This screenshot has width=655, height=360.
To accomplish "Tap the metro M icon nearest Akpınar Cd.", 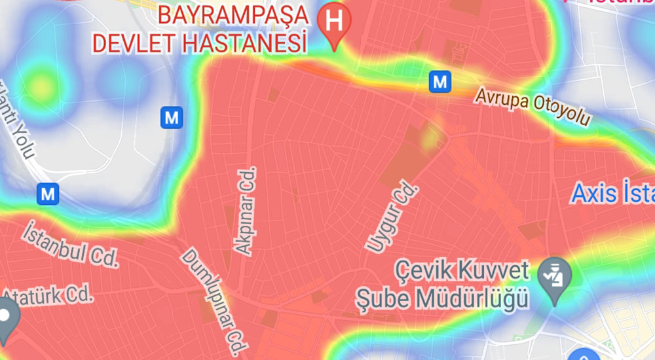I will [x=171, y=118].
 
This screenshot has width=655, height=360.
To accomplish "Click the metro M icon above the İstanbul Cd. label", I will [x=48, y=193].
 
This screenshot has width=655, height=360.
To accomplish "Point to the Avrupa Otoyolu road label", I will [x=533, y=107].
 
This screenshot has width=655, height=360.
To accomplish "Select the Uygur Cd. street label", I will [x=390, y=218].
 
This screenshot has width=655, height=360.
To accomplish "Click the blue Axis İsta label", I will [x=612, y=194].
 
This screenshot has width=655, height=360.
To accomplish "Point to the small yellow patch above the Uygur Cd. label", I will [x=430, y=137].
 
